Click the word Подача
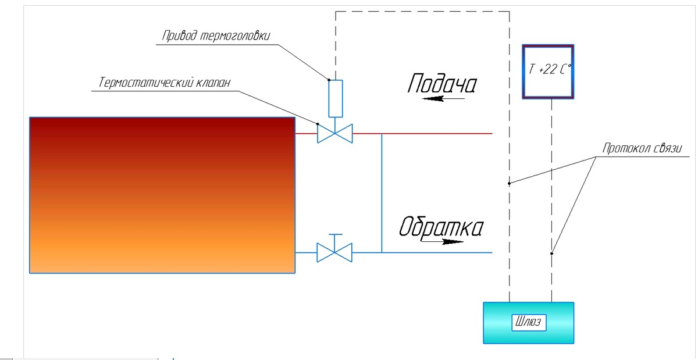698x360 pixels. point(442,84)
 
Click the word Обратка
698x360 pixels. point(441,227)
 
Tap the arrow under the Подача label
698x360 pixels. point(443,99)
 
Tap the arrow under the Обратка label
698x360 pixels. point(442,241)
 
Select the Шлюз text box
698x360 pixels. point(529,322)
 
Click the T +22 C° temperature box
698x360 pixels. point(548,72)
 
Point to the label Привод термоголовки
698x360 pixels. point(216,35)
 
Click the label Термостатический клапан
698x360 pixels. point(165,83)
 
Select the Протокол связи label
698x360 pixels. point(642,148)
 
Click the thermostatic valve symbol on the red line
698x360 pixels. point(335,133)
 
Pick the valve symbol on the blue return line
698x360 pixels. point(334,252)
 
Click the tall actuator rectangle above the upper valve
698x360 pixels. point(336,98)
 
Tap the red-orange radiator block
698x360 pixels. point(162,195)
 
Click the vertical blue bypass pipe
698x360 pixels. point(382,193)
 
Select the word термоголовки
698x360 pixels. point(234,36)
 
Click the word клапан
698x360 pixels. point(213,83)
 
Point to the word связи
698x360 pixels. point(667,148)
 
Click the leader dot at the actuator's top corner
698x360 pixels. point(329,80)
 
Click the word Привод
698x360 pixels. point(179,35)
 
